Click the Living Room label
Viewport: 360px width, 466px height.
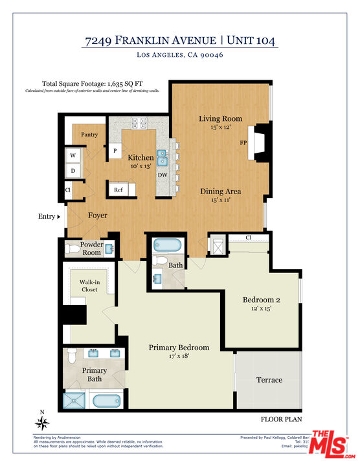220,118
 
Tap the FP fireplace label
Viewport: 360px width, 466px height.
243,142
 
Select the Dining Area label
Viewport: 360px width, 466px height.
220,191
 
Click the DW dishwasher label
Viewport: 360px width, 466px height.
163,175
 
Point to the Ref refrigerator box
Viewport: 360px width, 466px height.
118,190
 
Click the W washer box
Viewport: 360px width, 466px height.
73,155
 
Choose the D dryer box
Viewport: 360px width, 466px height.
73,171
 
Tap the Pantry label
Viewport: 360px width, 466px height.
89,135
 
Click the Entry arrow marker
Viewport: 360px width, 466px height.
59,217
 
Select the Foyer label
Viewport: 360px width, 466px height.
98,216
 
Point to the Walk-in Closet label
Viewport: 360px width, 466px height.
90,286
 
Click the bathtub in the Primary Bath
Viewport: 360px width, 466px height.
104,401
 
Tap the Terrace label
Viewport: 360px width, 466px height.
269,380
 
